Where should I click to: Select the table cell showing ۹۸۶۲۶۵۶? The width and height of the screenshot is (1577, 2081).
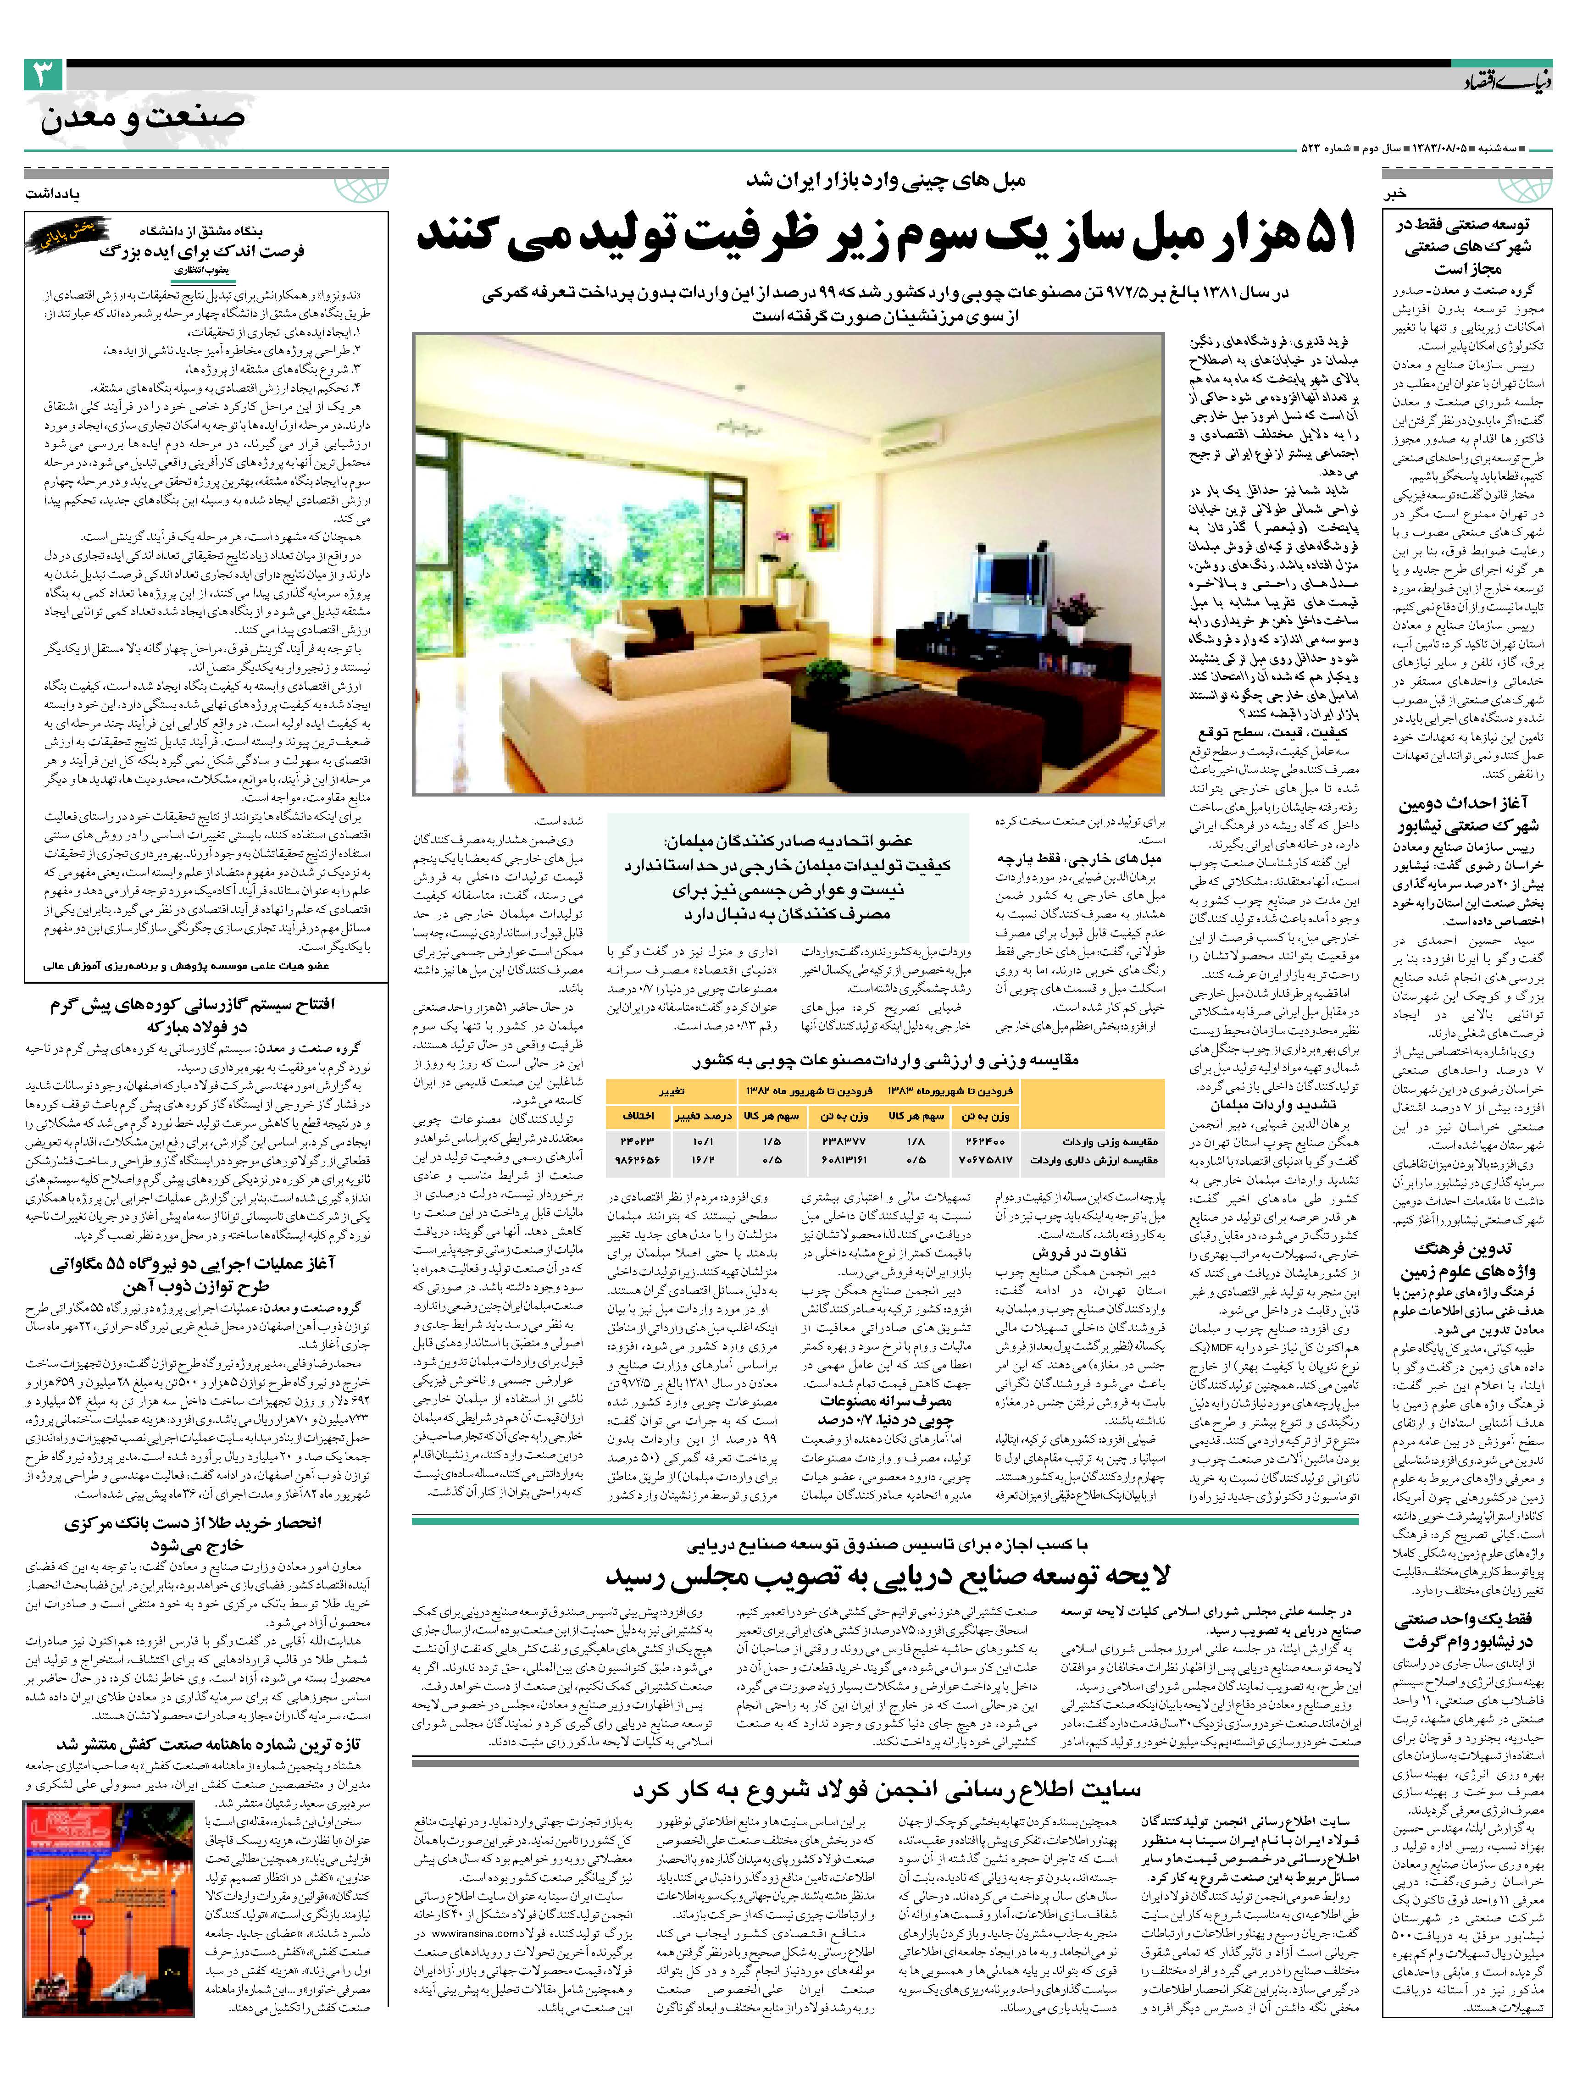pos(639,1160)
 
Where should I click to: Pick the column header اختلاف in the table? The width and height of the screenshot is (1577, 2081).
pos(639,1116)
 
